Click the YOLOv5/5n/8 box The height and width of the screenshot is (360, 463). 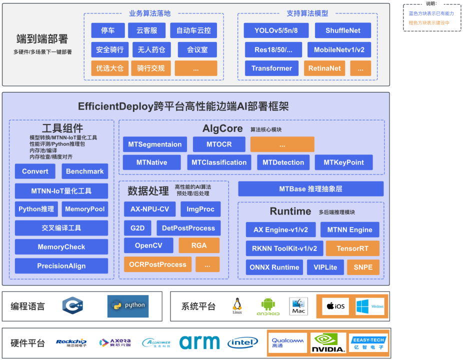[276, 30]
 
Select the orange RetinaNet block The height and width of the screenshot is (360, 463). [324, 68]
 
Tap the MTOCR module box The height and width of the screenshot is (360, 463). [219, 144]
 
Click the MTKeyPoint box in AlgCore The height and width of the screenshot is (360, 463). [343, 162]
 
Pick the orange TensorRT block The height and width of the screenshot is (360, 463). [352, 248]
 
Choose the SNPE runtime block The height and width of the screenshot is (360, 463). [363, 267]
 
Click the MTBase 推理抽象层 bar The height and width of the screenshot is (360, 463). [310, 189]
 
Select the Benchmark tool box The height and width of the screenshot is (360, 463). [84, 171]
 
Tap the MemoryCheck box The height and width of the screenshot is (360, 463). [61, 247]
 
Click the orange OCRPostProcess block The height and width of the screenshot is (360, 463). [157, 264]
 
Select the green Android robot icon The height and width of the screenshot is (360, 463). [268, 305]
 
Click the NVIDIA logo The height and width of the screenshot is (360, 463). [328, 343]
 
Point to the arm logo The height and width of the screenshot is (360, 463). [199, 342]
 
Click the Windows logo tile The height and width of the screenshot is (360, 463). [370, 306]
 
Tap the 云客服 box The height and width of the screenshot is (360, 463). [146, 30]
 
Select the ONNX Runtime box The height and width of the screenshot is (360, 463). [274, 267]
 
